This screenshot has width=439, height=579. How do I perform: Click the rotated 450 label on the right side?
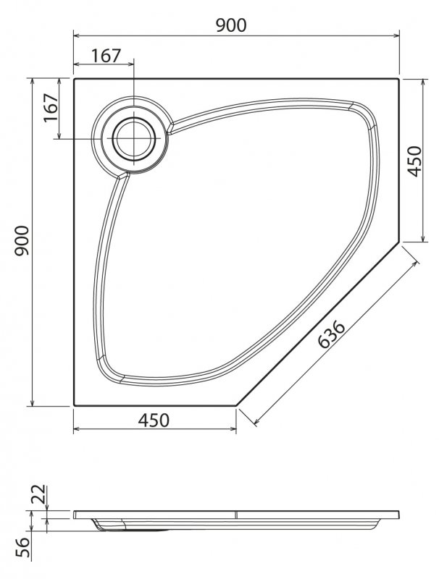pos(414,161)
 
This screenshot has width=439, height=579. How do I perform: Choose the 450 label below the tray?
pos(154,420)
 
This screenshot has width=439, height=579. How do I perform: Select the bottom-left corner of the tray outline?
pos(74,405)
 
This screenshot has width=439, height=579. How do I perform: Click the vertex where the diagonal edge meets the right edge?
pos(400,243)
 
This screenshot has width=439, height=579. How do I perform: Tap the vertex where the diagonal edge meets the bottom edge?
pos(237,405)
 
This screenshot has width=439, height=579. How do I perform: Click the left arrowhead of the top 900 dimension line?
pos(76,34)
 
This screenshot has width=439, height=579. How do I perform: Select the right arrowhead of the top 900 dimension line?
pos(398,34)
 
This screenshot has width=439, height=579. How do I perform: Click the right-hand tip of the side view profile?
pos(399,516)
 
